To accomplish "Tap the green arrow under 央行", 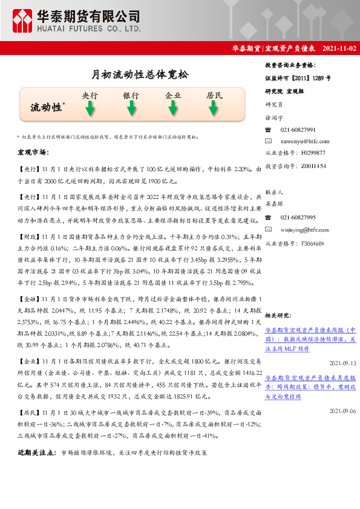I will click(x=90, y=109).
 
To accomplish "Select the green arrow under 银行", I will click(x=131, y=109).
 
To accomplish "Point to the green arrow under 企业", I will click(x=172, y=109).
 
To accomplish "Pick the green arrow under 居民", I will click(x=214, y=109).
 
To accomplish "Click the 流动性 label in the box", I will click(x=47, y=108).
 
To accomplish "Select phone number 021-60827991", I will click(x=298, y=130).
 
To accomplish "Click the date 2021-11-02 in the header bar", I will click(x=339, y=48).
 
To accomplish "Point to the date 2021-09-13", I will click(x=342, y=363).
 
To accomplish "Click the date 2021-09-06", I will click(x=342, y=411).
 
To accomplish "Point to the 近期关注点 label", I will click(x=37, y=453).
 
